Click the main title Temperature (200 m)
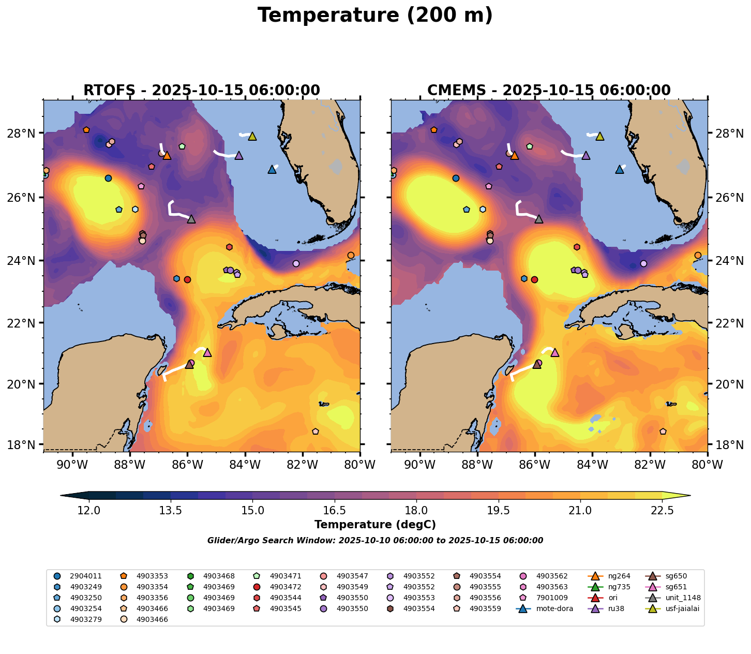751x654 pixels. click(x=375, y=16)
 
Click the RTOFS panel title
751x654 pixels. click(x=202, y=91)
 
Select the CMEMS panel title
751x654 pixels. click(x=549, y=91)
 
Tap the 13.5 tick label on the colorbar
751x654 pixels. click(x=171, y=511)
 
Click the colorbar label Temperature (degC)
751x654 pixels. click(x=375, y=525)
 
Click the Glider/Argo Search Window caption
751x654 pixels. click(x=375, y=541)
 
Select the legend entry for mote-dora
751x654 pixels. click(x=548, y=608)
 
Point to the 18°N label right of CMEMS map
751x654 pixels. click(x=728, y=444)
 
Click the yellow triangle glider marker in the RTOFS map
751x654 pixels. click(x=252, y=136)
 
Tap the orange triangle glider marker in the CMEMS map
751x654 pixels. click(x=514, y=155)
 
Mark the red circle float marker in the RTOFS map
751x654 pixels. click(x=187, y=279)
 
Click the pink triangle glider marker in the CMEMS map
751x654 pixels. click(x=555, y=352)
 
